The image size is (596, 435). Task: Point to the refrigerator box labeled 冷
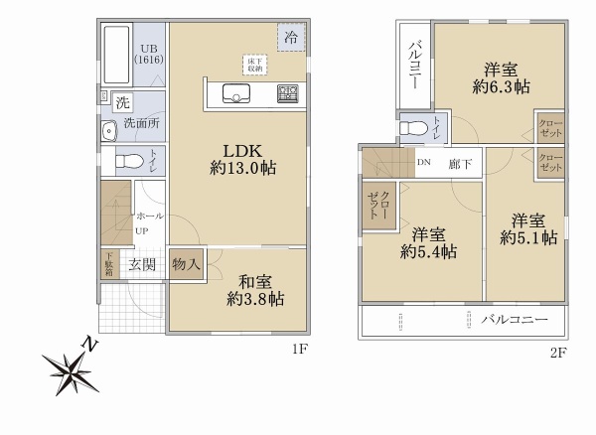click(291, 37)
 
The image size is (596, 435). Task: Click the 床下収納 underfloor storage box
click(255, 64)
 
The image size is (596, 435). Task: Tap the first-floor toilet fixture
click(126, 161)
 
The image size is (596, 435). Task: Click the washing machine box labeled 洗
click(121, 101)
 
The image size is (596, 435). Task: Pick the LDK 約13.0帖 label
click(241, 159)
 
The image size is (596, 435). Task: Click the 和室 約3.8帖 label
click(255, 289)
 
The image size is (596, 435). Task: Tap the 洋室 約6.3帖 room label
click(500, 78)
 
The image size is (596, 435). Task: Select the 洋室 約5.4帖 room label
click(428, 243)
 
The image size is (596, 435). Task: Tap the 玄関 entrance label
click(141, 264)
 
